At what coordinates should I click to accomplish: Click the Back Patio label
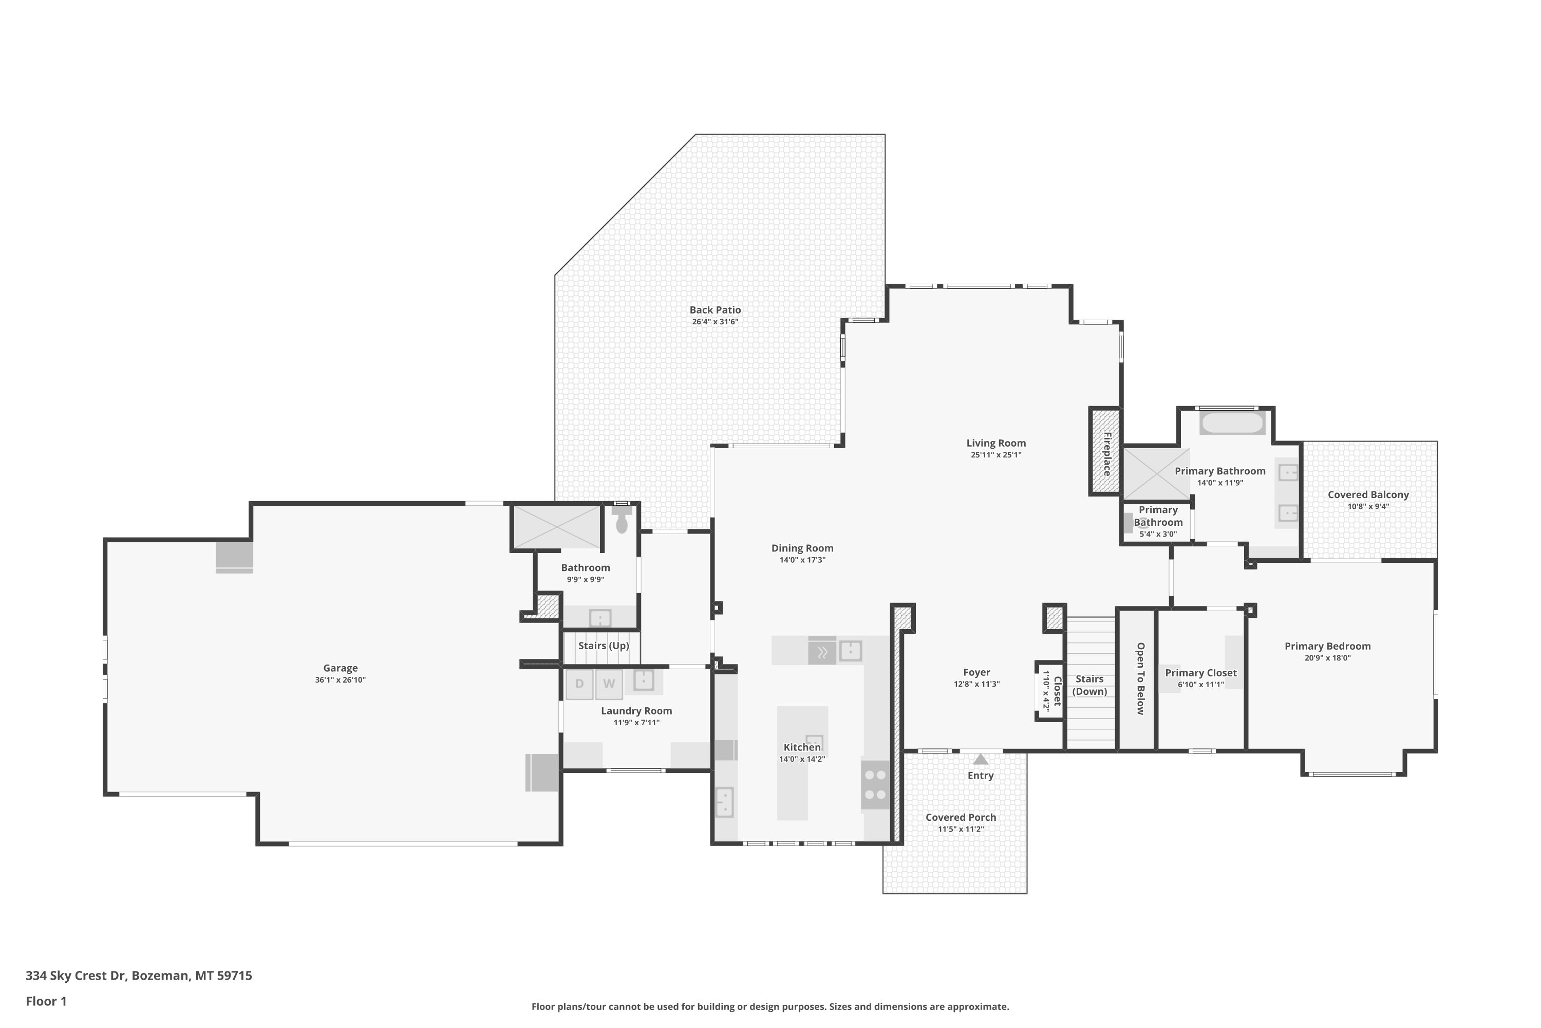(x=715, y=310)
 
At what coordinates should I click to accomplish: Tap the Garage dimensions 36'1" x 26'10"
(x=340, y=680)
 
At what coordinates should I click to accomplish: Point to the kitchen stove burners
(x=875, y=785)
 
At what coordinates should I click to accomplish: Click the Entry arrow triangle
(x=980, y=759)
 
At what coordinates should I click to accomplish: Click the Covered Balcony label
(x=1368, y=495)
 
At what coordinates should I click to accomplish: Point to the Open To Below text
(x=1140, y=678)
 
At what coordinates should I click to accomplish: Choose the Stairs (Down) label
(x=1089, y=685)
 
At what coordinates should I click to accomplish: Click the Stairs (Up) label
(x=604, y=646)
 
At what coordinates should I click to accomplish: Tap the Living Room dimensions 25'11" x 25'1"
(x=996, y=455)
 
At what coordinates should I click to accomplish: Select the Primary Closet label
(x=1201, y=673)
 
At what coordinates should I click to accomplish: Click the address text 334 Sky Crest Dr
(x=76, y=976)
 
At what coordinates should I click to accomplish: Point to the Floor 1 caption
(x=46, y=1001)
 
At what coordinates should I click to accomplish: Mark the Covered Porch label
(x=961, y=818)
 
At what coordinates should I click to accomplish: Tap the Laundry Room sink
(x=644, y=680)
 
